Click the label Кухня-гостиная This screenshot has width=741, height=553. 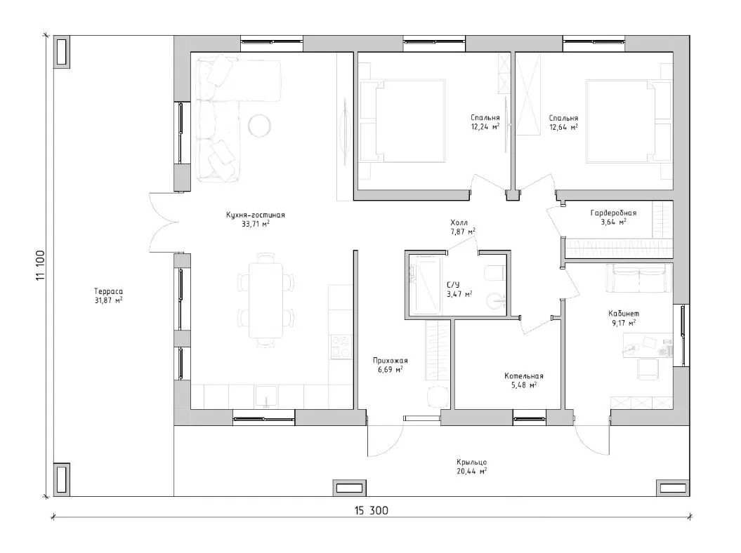(x=255, y=215)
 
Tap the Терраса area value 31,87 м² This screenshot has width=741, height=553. (x=108, y=300)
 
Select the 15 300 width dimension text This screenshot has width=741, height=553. (x=371, y=510)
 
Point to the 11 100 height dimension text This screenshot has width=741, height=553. (x=40, y=265)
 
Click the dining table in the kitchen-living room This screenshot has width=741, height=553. (x=265, y=300)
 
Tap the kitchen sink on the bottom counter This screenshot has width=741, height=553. (x=267, y=397)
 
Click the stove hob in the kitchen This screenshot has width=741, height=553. (x=341, y=346)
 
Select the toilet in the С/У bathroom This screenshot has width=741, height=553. (x=495, y=273)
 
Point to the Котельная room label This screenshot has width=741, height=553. (x=523, y=376)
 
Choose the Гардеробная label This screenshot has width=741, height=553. (x=613, y=213)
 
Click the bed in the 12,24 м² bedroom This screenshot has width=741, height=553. (x=402, y=121)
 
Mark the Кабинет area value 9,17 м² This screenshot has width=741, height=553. (x=624, y=323)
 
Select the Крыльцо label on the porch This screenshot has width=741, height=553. (x=471, y=462)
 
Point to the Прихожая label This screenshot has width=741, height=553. (x=390, y=361)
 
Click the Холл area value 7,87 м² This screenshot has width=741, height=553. (x=463, y=232)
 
